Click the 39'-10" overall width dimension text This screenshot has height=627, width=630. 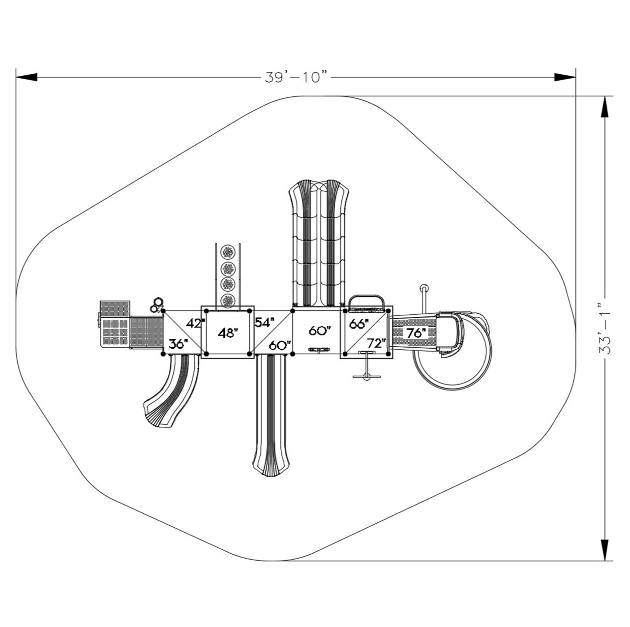click(x=296, y=77)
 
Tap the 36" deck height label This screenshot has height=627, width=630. click(x=179, y=344)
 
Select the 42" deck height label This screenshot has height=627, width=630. click(x=195, y=324)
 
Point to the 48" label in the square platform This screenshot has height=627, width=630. click(x=228, y=333)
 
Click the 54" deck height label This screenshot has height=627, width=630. click(x=265, y=323)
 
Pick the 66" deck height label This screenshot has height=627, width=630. click(x=359, y=324)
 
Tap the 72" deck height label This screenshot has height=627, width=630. click(x=376, y=343)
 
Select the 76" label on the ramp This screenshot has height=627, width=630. click(x=416, y=333)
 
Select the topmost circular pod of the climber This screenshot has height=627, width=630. click(x=228, y=252)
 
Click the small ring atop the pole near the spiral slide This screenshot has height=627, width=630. click(x=423, y=288)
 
